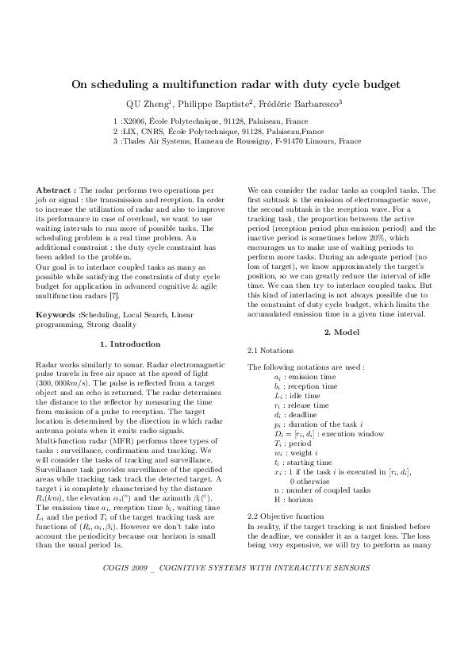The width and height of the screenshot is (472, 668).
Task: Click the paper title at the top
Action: coord(236,83)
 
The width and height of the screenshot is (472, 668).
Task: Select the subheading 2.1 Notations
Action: coord(271,350)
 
